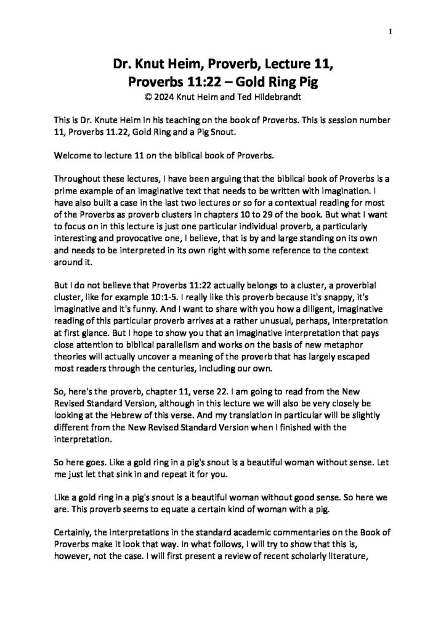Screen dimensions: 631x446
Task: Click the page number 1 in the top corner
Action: pyautogui.click(x=391, y=31)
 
